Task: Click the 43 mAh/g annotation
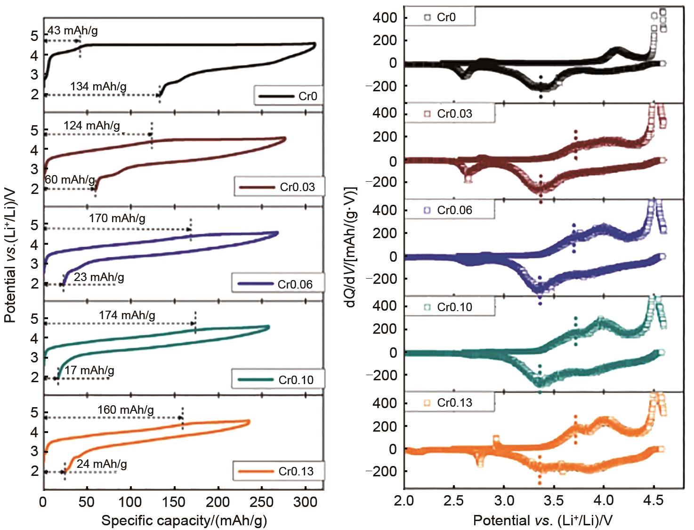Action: [x=73, y=31]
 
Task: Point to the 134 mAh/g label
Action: [x=98, y=87]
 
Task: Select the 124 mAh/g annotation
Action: [x=92, y=126]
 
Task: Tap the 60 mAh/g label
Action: [x=70, y=180]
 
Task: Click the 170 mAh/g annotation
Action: [x=117, y=218]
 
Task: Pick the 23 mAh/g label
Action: [x=99, y=277]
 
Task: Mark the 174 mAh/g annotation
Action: [x=127, y=315]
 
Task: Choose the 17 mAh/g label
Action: [x=89, y=370]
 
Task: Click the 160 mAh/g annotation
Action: [x=126, y=410]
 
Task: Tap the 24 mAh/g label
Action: [x=102, y=464]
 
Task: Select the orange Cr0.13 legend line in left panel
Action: [x=256, y=472]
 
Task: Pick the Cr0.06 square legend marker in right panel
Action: [x=427, y=210]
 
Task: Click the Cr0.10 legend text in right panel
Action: [x=454, y=307]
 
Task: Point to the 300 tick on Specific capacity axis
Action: [x=305, y=502]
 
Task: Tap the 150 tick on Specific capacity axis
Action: [x=174, y=502]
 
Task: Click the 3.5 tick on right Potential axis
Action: [x=554, y=500]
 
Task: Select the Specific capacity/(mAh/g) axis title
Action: [x=184, y=521]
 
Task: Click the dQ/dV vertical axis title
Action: [x=351, y=247]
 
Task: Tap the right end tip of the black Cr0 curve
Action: [x=315, y=45]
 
